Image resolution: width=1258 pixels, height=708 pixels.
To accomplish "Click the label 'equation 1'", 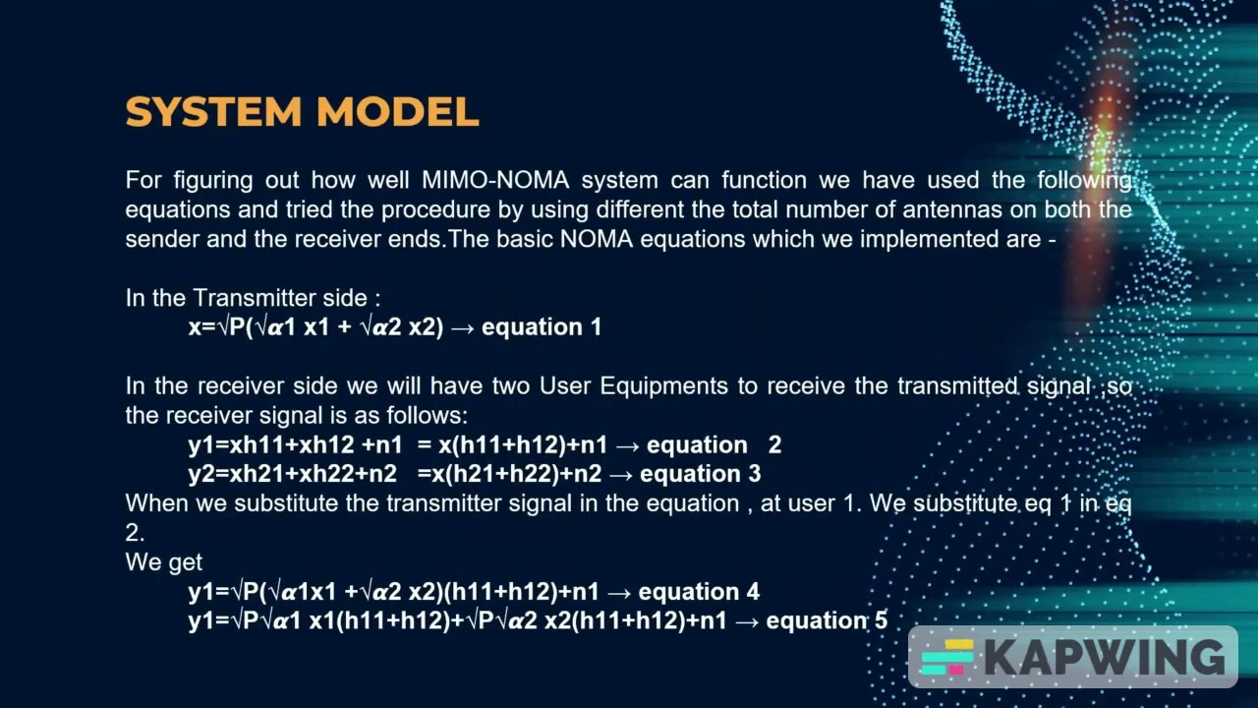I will [542, 327].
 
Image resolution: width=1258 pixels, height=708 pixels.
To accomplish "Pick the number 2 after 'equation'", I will [774, 445].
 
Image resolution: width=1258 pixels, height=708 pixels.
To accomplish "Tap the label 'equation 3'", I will [700, 474].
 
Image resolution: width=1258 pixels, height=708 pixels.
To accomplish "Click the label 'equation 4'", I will [699, 592].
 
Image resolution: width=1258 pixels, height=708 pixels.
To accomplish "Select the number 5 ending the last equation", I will [881, 620].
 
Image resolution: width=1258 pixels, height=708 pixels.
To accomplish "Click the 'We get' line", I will [163, 562].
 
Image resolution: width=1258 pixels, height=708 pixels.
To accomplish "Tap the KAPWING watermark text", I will [1106, 657].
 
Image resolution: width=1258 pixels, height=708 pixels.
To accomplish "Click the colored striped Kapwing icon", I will [946, 657].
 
